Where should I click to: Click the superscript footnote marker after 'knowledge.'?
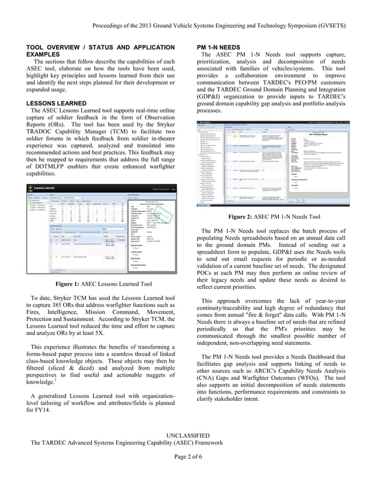click(x=57, y=382)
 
